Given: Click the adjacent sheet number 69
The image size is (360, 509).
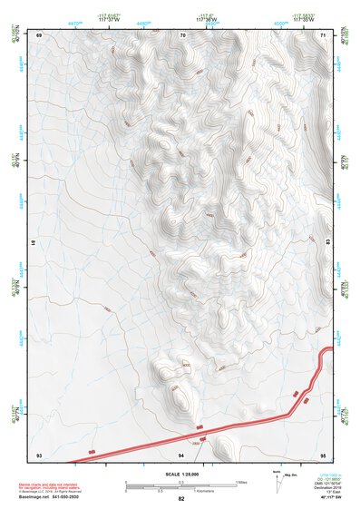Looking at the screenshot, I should (39, 34).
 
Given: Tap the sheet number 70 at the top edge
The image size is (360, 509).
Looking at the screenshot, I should (182, 34).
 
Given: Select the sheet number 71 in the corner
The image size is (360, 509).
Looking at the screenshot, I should (324, 34).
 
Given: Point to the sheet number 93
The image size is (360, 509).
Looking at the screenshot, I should (39, 454).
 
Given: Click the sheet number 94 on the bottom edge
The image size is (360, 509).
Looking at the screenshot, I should (181, 454).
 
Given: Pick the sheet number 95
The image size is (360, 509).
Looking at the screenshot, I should (324, 454).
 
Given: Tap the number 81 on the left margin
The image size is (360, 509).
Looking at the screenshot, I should (35, 244).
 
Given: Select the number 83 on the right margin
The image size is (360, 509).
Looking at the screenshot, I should (327, 244).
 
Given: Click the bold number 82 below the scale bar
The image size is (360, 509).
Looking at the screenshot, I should (181, 499).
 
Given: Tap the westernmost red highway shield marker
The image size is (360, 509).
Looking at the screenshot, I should (92, 450).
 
